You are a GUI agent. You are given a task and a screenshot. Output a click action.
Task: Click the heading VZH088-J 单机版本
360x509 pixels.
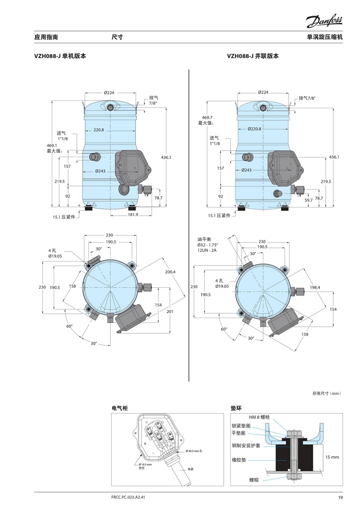click(x=60, y=56)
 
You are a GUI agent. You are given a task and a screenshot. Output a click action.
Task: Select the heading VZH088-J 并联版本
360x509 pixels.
click(x=253, y=56)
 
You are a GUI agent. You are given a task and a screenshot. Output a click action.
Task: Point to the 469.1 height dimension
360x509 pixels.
click(x=52, y=146)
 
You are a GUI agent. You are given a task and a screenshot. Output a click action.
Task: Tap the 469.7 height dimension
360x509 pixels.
click(x=207, y=117)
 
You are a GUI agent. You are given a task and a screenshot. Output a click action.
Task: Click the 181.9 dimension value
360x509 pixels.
click(x=133, y=215)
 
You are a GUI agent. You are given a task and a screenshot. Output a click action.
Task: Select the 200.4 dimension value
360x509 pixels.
click(x=171, y=272)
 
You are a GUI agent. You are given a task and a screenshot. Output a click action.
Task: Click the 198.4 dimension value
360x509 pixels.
click(x=315, y=287)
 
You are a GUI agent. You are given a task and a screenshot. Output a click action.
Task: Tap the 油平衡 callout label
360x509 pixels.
click(x=205, y=239)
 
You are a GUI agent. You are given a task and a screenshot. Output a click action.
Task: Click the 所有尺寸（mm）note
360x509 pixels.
click(x=327, y=393)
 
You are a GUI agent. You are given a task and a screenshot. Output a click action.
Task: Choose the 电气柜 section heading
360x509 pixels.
click(x=120, y=407)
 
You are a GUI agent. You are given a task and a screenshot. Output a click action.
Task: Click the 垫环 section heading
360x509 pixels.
click(x=236, y=407)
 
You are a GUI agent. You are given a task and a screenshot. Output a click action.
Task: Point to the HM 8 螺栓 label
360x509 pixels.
click(x=259, y=416)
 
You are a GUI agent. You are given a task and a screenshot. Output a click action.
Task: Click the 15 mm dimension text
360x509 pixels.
click(x=332, y=457)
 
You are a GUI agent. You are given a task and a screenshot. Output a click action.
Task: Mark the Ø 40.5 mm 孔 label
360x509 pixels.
click(x=194, y=451)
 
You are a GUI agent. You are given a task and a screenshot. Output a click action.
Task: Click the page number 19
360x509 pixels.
click(x=340, y=497)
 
